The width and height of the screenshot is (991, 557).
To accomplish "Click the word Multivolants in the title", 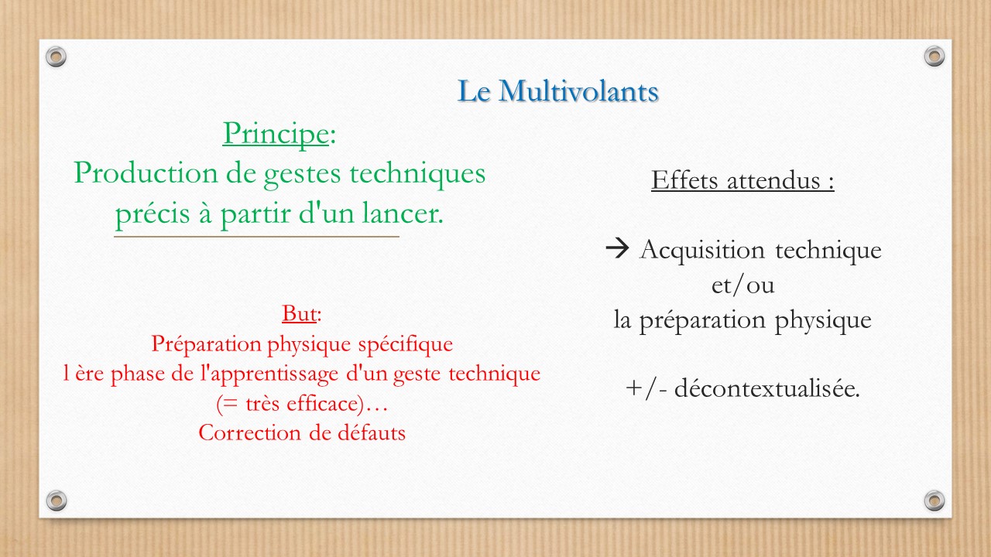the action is tap(578, 91).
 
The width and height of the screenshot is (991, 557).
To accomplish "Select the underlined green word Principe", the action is tap(276, 134).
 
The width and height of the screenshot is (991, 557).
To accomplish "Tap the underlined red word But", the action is tap(300, 314).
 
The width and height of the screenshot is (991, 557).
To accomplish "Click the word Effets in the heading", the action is tap(684, 180).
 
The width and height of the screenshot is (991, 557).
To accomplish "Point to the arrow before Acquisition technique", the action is tap(617, 248).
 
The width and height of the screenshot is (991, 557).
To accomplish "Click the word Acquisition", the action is tap(702, 251).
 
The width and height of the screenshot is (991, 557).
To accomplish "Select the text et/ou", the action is tap(742, 285).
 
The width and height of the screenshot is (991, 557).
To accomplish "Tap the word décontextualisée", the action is tap(766, 388).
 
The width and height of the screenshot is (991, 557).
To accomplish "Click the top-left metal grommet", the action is tap(57, 57).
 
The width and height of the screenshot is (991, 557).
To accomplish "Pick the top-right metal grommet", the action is tap(934, 56).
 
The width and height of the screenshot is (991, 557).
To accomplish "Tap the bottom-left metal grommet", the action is tap(57, 501).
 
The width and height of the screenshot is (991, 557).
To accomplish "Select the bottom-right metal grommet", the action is tap(934, 501).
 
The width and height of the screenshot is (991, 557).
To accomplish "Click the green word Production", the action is tap(146, 173).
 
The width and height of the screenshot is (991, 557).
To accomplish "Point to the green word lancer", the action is tap(403, 213).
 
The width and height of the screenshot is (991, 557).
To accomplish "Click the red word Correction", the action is tap(249, 432).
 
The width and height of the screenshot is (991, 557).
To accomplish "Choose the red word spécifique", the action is tap(406, 345).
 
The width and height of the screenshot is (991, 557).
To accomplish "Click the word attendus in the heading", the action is tap(773, 180).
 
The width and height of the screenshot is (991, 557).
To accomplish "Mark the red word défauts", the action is tap(371, 432).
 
